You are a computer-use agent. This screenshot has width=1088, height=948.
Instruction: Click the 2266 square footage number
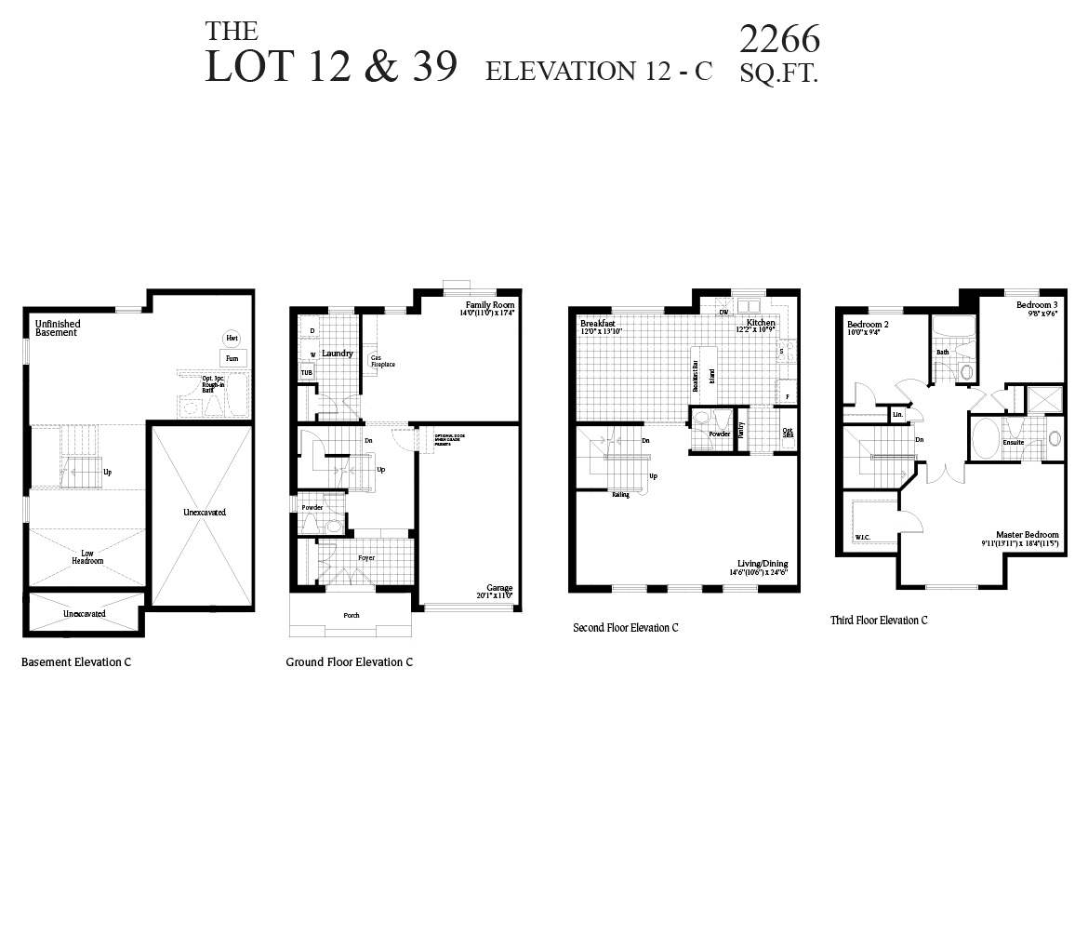point(779,39)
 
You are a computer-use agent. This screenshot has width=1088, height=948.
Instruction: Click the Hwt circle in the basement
point(232,339)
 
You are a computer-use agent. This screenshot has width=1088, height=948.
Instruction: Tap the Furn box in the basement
point(232,358)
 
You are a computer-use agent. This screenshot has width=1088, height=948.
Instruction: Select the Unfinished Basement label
point(58,327)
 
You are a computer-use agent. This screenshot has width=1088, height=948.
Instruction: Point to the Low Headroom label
point(87,557)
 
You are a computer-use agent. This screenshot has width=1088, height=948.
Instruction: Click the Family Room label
point(490,305)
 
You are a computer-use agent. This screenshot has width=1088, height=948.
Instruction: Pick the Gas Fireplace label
point(382,361)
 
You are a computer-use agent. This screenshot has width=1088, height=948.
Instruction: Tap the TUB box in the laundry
point(306,372)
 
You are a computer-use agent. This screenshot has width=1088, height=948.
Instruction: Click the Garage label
point(499,588)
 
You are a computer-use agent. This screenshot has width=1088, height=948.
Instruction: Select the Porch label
point(352,616)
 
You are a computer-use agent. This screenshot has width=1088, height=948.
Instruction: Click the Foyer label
point(366,558)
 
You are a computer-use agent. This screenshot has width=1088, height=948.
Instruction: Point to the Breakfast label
point(598,323)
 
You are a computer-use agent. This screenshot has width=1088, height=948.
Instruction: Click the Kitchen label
point(760,323)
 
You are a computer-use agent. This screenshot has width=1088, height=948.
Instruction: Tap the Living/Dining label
point(763,564)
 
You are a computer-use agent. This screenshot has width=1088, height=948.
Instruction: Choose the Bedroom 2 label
point(868,324)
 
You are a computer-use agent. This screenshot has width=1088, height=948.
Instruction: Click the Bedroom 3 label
point(1037,305)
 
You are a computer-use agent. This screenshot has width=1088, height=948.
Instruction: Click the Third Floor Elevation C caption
point(879,621)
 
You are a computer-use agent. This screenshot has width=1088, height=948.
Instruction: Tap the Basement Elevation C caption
point(76,662)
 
